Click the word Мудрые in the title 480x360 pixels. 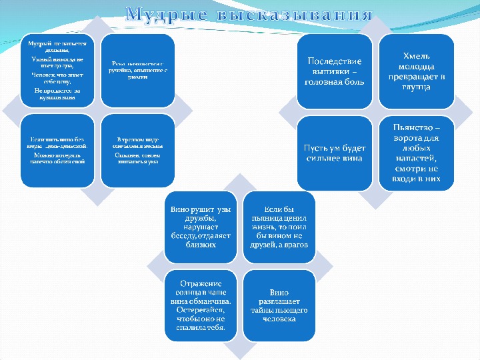(167, 14)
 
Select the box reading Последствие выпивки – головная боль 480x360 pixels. (334, 71)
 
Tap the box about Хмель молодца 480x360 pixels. (417, 71)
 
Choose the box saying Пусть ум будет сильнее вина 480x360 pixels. (334, 151)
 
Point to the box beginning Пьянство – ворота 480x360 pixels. (417, 153)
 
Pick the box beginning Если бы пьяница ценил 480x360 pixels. (279, 227)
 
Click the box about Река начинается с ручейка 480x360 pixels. (138, 71)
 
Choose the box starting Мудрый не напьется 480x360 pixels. (56, 71)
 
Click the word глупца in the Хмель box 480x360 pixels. (417, 87)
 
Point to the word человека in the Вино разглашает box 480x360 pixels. (279, 319)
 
